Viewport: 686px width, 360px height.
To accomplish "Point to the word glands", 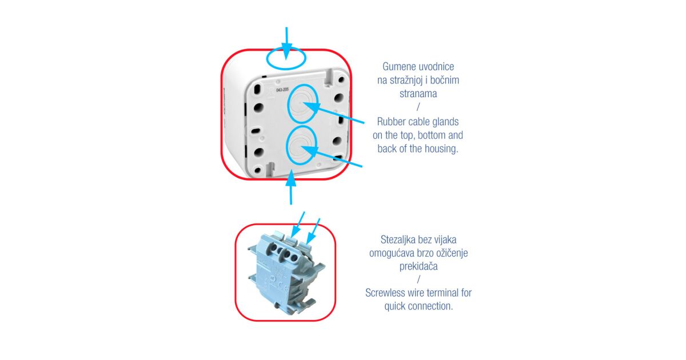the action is (x=445, y=122).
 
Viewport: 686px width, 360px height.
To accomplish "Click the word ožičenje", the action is (x=450, y=253).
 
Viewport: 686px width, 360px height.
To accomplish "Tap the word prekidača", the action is (x=418, y=266).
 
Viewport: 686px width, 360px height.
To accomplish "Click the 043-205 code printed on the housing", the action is (x=282, y=90).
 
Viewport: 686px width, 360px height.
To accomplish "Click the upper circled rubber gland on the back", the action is (x=302, y=104).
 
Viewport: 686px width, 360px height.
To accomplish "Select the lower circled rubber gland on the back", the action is (x=301, y=145).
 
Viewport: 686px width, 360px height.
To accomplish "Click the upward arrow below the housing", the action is (x=291, y=187).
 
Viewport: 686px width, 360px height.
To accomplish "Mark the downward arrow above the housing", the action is (x=286, y=43).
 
